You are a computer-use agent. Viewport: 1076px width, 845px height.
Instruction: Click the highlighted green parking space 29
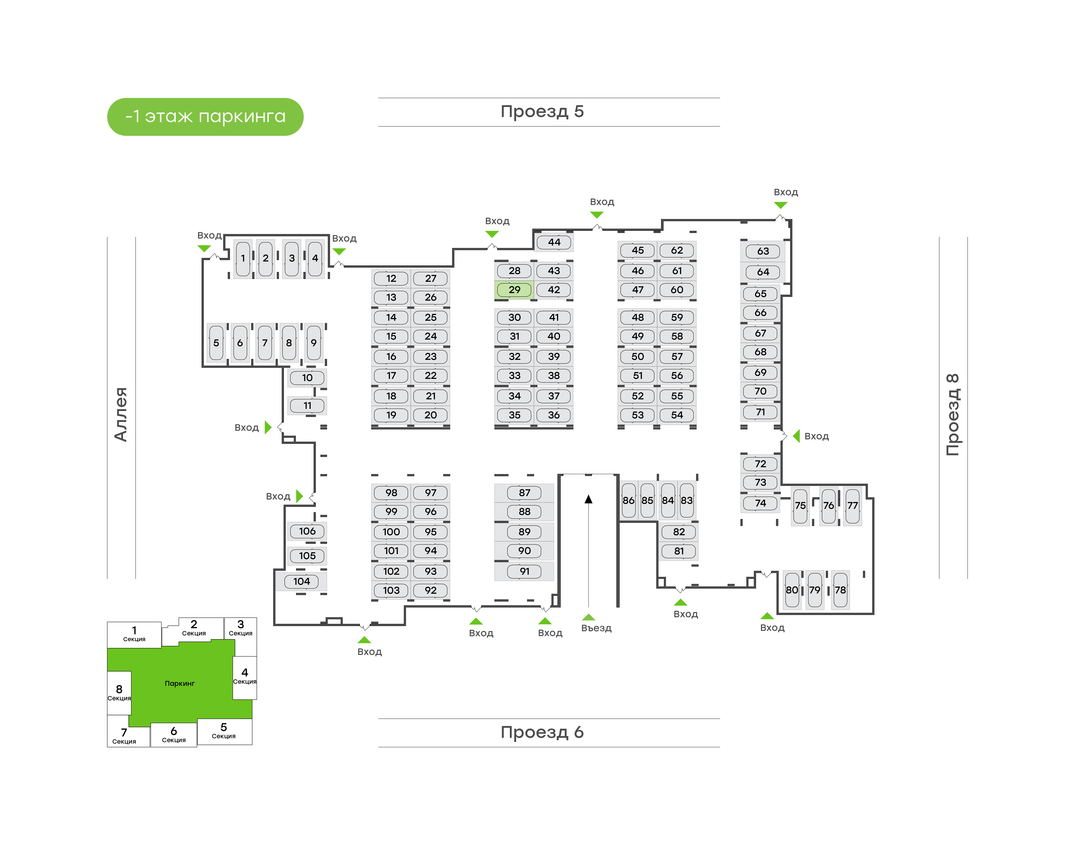pyautogui.click(x=514, y=290)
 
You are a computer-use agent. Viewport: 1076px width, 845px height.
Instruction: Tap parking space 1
pyautogui.click(x=243, y=258)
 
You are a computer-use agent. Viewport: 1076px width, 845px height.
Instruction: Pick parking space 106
pyautogui.click(x=307, y=531)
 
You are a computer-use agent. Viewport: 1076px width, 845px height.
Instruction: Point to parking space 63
pyautogui.click(x=763, y=251)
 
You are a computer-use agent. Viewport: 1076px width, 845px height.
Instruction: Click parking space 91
pyautogui.click(x=524, y=571)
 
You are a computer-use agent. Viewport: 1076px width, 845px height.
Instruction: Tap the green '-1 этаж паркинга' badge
pyautogui.click(x=205, y=117)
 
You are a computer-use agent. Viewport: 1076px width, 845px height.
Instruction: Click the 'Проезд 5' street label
pyautogui.click(x=542, y=112)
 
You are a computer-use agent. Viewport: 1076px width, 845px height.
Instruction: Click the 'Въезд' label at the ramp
pyautogui.click(x=596, y=628)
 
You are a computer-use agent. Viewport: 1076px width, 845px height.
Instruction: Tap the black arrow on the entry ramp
pyautogui.click(x=588, y=500)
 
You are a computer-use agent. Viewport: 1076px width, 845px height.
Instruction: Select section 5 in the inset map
pyautogui.click(x=224, y=731)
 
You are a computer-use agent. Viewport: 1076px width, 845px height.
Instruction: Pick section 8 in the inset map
pyautogui.click(x=119, y=692)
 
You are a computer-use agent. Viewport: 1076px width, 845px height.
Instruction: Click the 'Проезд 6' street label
pyautogui.click(x=542, y=732)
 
